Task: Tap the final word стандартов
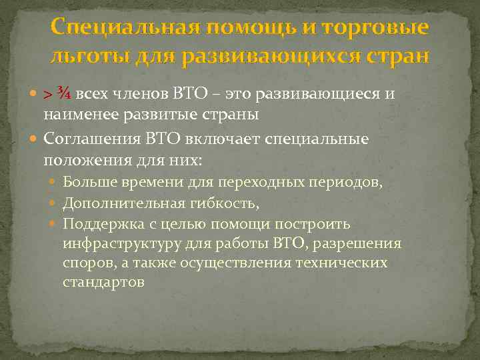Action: tap(103, 283)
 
